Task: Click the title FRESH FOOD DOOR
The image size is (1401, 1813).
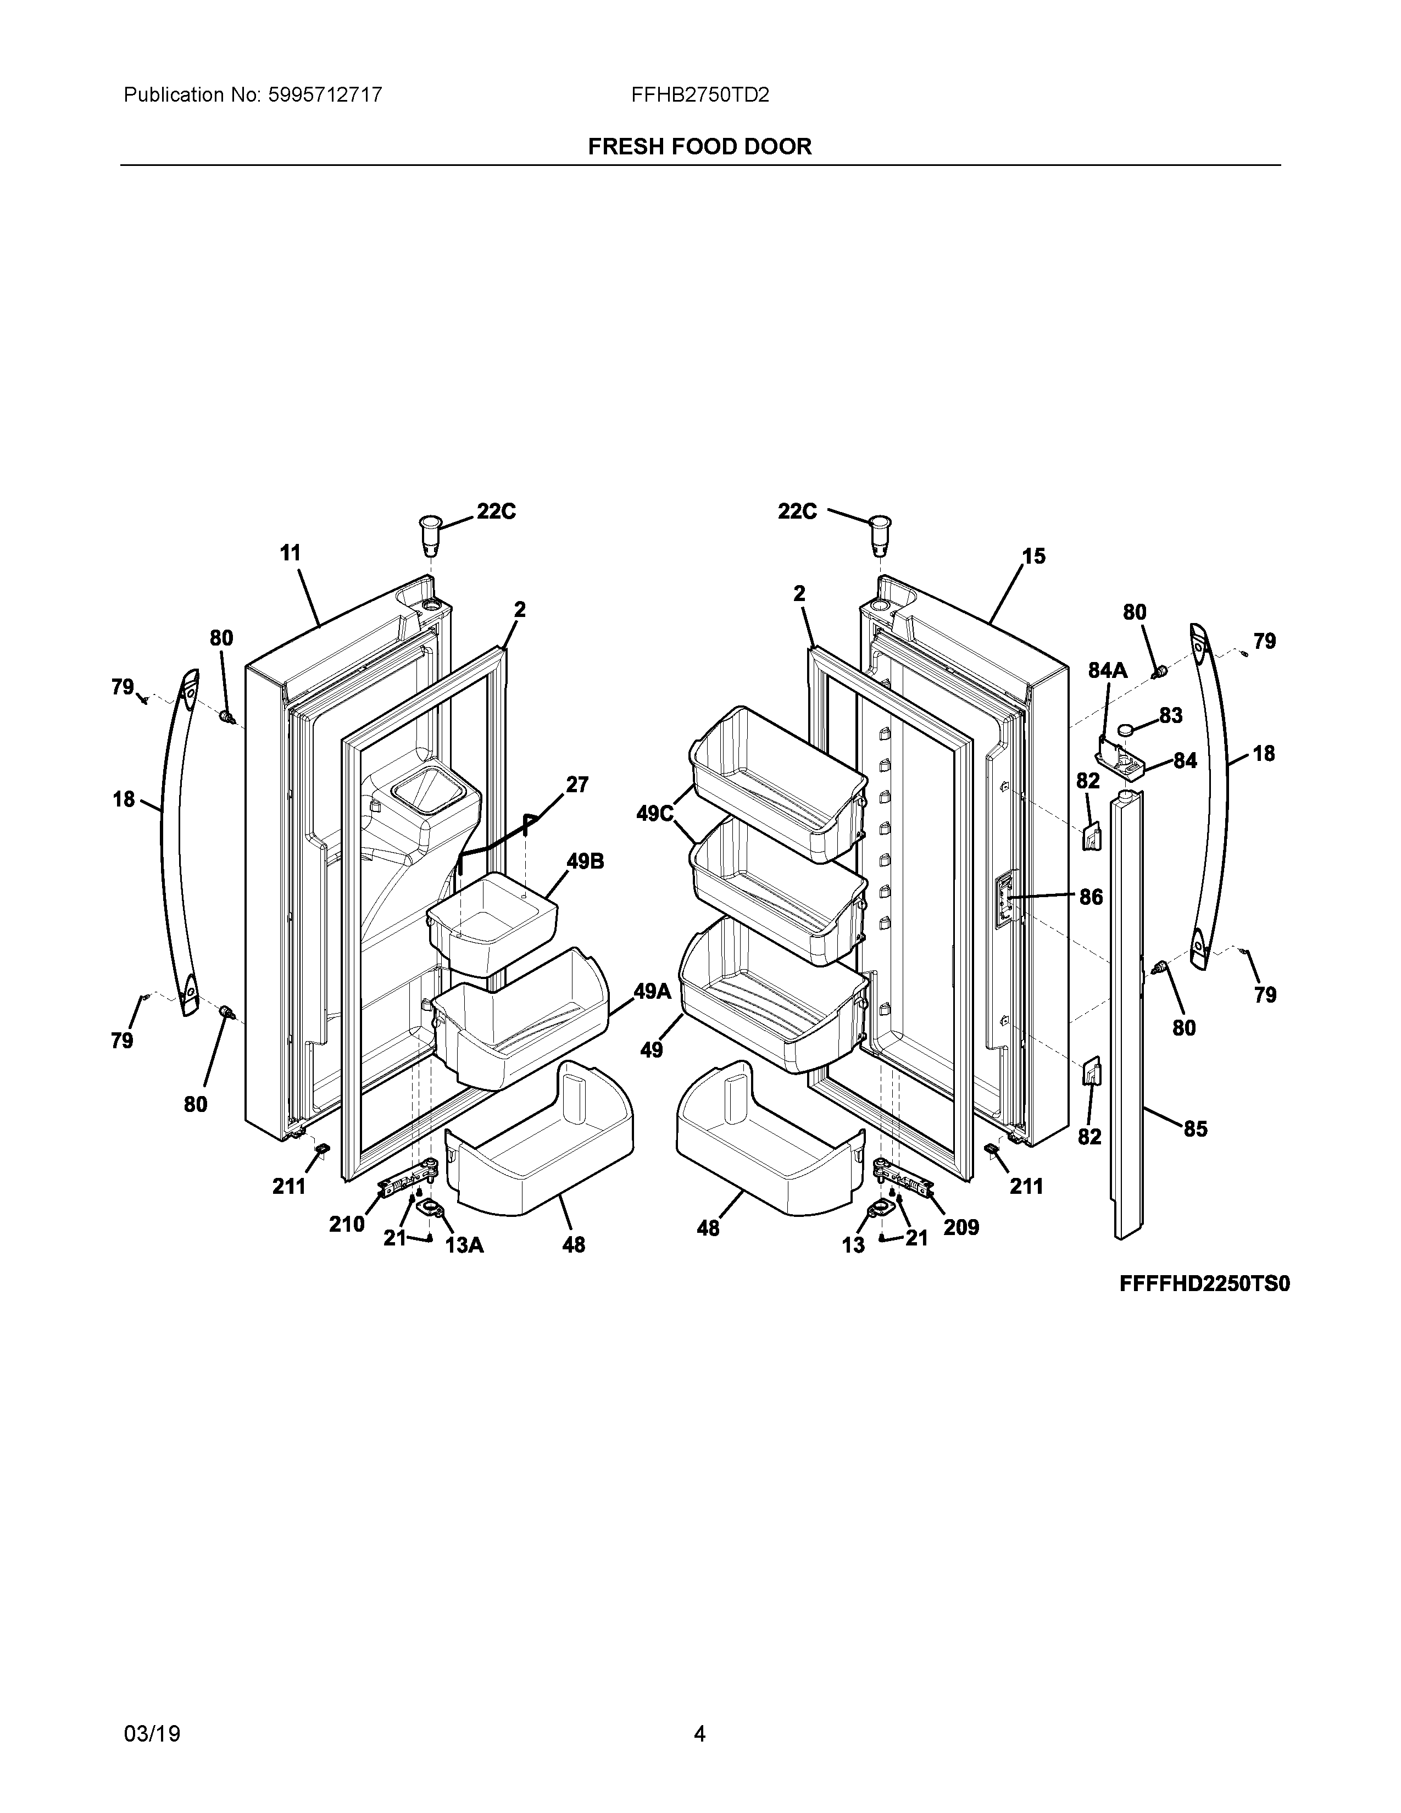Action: [699, 147]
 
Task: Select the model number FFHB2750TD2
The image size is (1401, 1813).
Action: [699, 96]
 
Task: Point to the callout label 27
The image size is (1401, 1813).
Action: [577, 785]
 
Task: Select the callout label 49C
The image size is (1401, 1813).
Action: [655, 814]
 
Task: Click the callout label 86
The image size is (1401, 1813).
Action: [1092, 897]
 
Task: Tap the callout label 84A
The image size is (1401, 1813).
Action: [1108, 671]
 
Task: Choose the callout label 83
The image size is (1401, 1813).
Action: [1171, 715]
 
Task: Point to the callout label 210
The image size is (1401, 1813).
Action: [346, 1225]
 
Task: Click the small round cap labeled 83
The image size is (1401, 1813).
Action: [1126, 729]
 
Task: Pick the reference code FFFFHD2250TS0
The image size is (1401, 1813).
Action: [1204, 1284]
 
